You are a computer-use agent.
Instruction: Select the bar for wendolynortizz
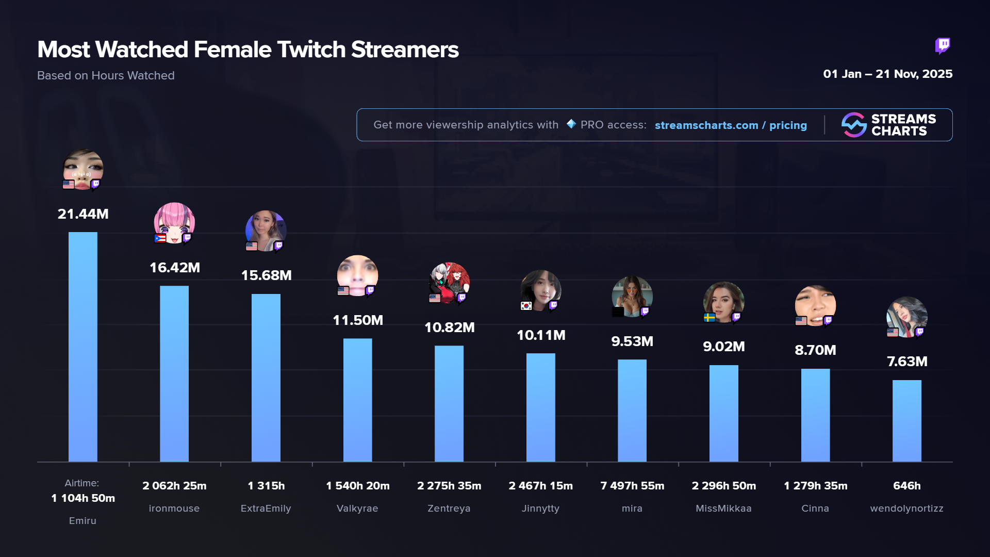(x=906, y=420)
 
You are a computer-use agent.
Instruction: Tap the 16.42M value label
(x=175, y=268)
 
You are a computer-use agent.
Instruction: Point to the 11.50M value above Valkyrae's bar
(x=358, y=320)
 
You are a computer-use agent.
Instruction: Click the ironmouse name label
(x=174, y=509)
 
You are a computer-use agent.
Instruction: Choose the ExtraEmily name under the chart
(x=266, y=509)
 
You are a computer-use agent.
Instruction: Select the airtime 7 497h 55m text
(x=632, y=486)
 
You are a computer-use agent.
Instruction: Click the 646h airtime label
(x=906, y=486)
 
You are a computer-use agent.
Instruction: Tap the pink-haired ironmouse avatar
(x=174, y=222)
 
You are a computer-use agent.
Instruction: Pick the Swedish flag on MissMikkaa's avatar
(x=709, y=318)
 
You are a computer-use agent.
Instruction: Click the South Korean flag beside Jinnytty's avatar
(x=526, y=306)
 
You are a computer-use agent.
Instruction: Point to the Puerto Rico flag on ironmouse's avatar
(x=160, y=238)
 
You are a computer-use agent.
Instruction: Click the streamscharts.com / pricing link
(x=731, y=125)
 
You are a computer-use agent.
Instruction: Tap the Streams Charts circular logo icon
(x=854, y=125)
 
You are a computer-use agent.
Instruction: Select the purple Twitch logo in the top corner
(x=943, y=46)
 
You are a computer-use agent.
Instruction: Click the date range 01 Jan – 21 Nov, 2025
(x=887, y=74)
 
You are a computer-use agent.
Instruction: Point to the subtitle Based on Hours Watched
(x=106, y=76)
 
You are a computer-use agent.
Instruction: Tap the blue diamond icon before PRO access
(x=571, y=124)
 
